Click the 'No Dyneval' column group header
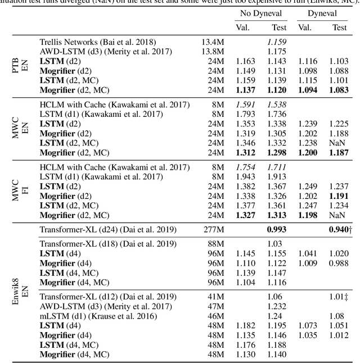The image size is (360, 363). (x=261, y=13)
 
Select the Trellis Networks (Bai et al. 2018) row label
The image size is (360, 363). (x=98, y=42)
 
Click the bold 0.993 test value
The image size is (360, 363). (x=276, y=229)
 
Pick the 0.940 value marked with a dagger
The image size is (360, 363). (x=338, y=229)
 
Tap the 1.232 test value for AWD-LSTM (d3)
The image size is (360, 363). (x=276, y=307)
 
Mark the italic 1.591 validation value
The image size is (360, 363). (x=245, y=105)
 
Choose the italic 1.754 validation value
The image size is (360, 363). (x=245, y=167)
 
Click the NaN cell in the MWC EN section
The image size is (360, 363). (x=339, y=143)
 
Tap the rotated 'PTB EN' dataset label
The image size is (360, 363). (x=20, y=65)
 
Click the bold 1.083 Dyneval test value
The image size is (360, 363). (x=338, y=90)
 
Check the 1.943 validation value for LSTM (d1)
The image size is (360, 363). (x=245, y=177)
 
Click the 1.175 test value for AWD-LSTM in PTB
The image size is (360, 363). (x=276, y=52)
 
